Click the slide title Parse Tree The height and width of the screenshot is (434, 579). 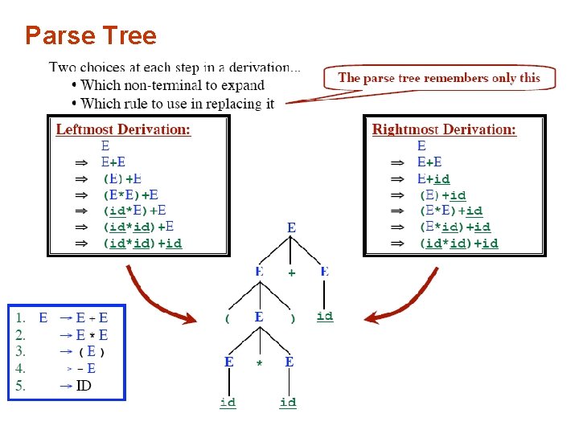pyautogui.click(x=90, y=35)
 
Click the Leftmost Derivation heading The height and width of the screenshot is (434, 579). pyautogui.click(x=123, y=129)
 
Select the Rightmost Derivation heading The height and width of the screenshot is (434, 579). pyautogui.click(x=444, y=129)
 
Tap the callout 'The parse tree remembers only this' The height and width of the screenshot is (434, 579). pyautogui.click(x=439, y=78)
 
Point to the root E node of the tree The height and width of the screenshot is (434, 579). pyautogui.click(x=291, y=228)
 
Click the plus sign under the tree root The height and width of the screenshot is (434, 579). pyautogui.click(x=291, y=273)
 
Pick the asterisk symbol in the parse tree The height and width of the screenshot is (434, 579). pyautogui.click(x=259, y=363)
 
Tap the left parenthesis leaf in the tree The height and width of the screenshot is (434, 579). pyautogui.click(x=228, y=318)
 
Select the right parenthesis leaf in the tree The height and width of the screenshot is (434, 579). pyautogui.click(x=292, y=318)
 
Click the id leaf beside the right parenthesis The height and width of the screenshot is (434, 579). pyautogui.click(x=325, y=316)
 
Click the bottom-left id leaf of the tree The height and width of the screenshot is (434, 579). pyautogui.click(x=228, y=401)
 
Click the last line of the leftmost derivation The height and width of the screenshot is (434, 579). pyautogui.click(x=142, y=243)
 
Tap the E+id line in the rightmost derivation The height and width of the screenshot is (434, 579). pyautogui.click(x=433, y=178)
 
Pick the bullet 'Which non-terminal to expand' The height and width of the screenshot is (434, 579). pyautogui.click(x=172, y=85)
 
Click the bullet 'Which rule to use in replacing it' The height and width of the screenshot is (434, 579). pyautogui.click(x=177, y=103)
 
